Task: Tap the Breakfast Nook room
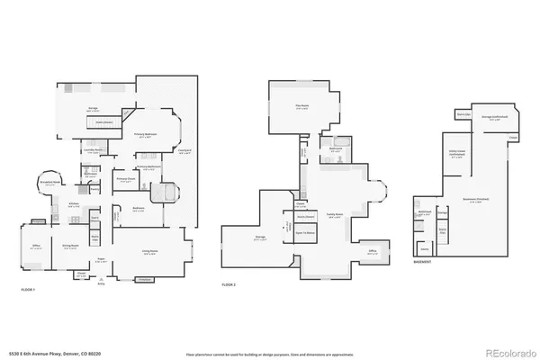pyautogui.click(x=51, y=181)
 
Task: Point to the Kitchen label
pyautogui.click(x=75, y=204)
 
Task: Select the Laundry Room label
pyautogui.click(x=93, y=151)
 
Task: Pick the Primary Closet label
pyautogui.click(x=124, y=179)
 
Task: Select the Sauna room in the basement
pyautogui.click(x=443, y=230)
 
